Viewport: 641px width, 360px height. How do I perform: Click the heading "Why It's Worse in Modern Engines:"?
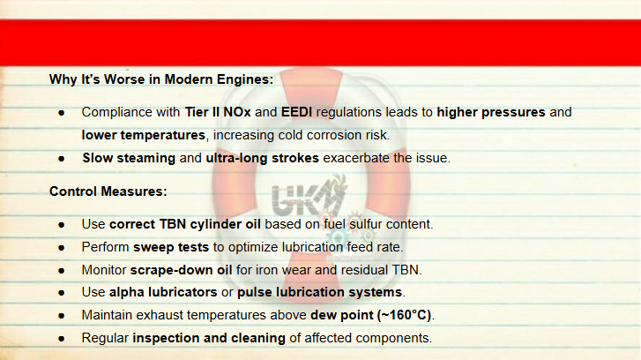point(161,79)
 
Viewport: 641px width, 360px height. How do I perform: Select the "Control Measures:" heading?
point(108,191)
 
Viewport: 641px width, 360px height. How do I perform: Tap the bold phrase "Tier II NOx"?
point(218,112)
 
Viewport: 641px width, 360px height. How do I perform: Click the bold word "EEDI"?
point(296,112)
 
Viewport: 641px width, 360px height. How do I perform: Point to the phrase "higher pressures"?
point(491,112)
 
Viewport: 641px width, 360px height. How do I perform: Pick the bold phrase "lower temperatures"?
point(144,135)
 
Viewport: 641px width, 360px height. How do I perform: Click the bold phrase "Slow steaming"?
point(129,158)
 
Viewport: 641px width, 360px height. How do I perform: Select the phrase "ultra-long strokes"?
point(262,158)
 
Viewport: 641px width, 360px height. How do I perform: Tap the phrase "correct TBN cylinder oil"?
point(185,224)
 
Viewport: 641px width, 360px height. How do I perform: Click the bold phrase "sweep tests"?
point(171,247)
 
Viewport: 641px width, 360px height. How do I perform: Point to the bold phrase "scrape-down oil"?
point(181,270)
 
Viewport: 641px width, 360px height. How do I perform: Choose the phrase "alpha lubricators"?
point(163,292)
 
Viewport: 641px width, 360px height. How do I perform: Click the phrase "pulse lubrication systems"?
point(320,292)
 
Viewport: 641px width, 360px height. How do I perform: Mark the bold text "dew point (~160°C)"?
point(371,315)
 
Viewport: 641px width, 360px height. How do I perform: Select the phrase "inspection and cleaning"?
point(209,338)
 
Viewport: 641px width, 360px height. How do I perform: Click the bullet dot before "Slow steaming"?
point(62,159)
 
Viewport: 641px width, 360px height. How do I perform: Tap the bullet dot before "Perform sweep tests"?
point(62,248)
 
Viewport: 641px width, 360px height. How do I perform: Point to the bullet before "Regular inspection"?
point(62,339)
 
